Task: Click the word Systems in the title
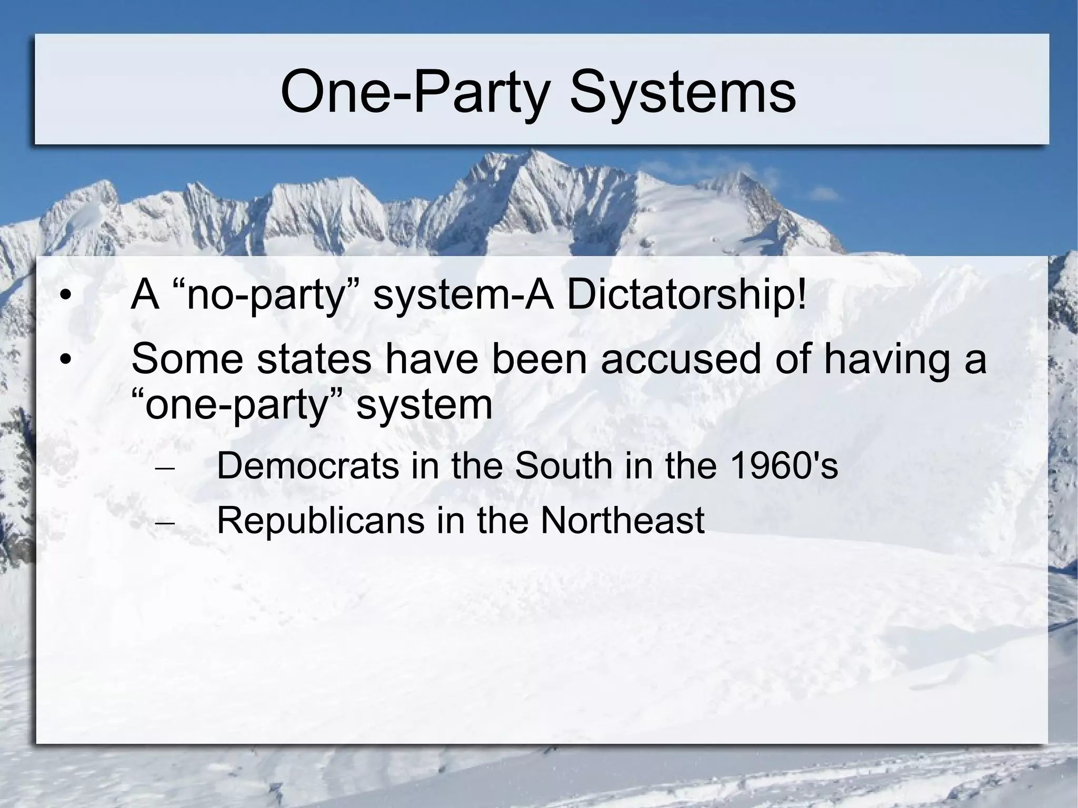point(683,93)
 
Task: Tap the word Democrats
point(307,465)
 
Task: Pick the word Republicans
point(320,520)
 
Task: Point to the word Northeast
point(622,520)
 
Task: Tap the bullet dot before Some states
point(65,360)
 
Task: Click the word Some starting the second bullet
point(187,359)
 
